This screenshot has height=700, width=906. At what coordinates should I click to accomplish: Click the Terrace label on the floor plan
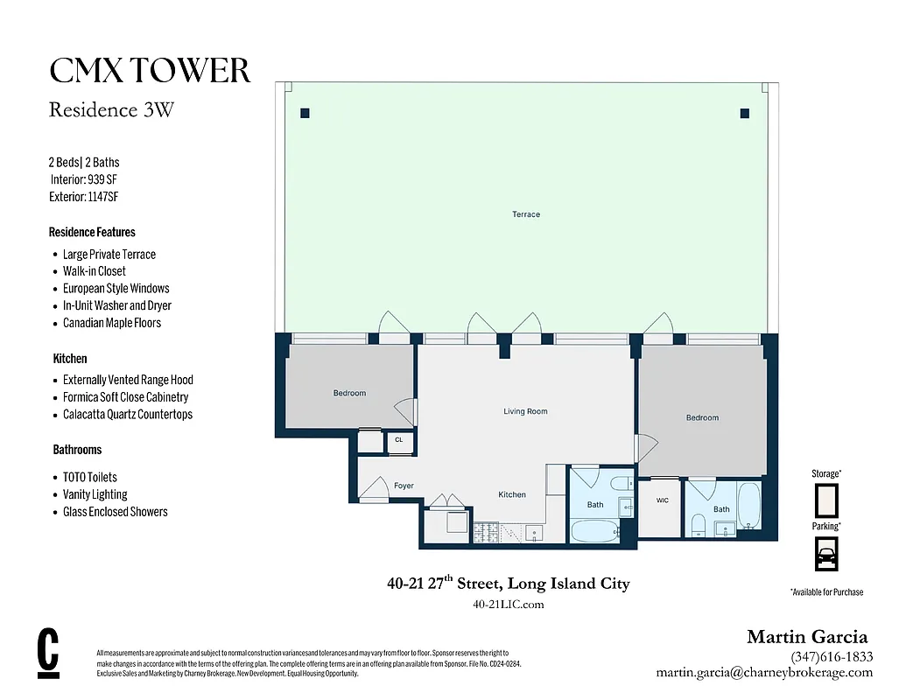click(526, 214)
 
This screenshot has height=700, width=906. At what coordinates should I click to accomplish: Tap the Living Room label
click(525, 411)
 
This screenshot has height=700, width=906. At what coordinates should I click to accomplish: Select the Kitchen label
click(512, 494)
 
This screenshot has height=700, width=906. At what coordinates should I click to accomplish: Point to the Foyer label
click(404, 486)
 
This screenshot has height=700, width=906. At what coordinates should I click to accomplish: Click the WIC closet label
click(662, 500)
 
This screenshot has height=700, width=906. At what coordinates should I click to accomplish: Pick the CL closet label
click(399, 440)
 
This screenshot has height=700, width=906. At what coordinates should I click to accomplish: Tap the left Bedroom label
click(349, 393)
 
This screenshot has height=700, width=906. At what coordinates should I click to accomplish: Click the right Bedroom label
click(702, 417)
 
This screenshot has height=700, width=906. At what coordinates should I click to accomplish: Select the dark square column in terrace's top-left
click(305, 113)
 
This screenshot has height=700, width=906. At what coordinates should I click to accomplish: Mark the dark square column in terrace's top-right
click(745, 113)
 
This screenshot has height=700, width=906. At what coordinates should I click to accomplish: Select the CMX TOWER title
click(150, 71)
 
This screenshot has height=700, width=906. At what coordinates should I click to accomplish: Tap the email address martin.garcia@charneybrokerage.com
click(764, 672)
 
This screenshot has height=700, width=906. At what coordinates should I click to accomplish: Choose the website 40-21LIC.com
click(508, 604)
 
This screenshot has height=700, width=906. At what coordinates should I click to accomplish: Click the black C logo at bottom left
click(49, 652)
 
